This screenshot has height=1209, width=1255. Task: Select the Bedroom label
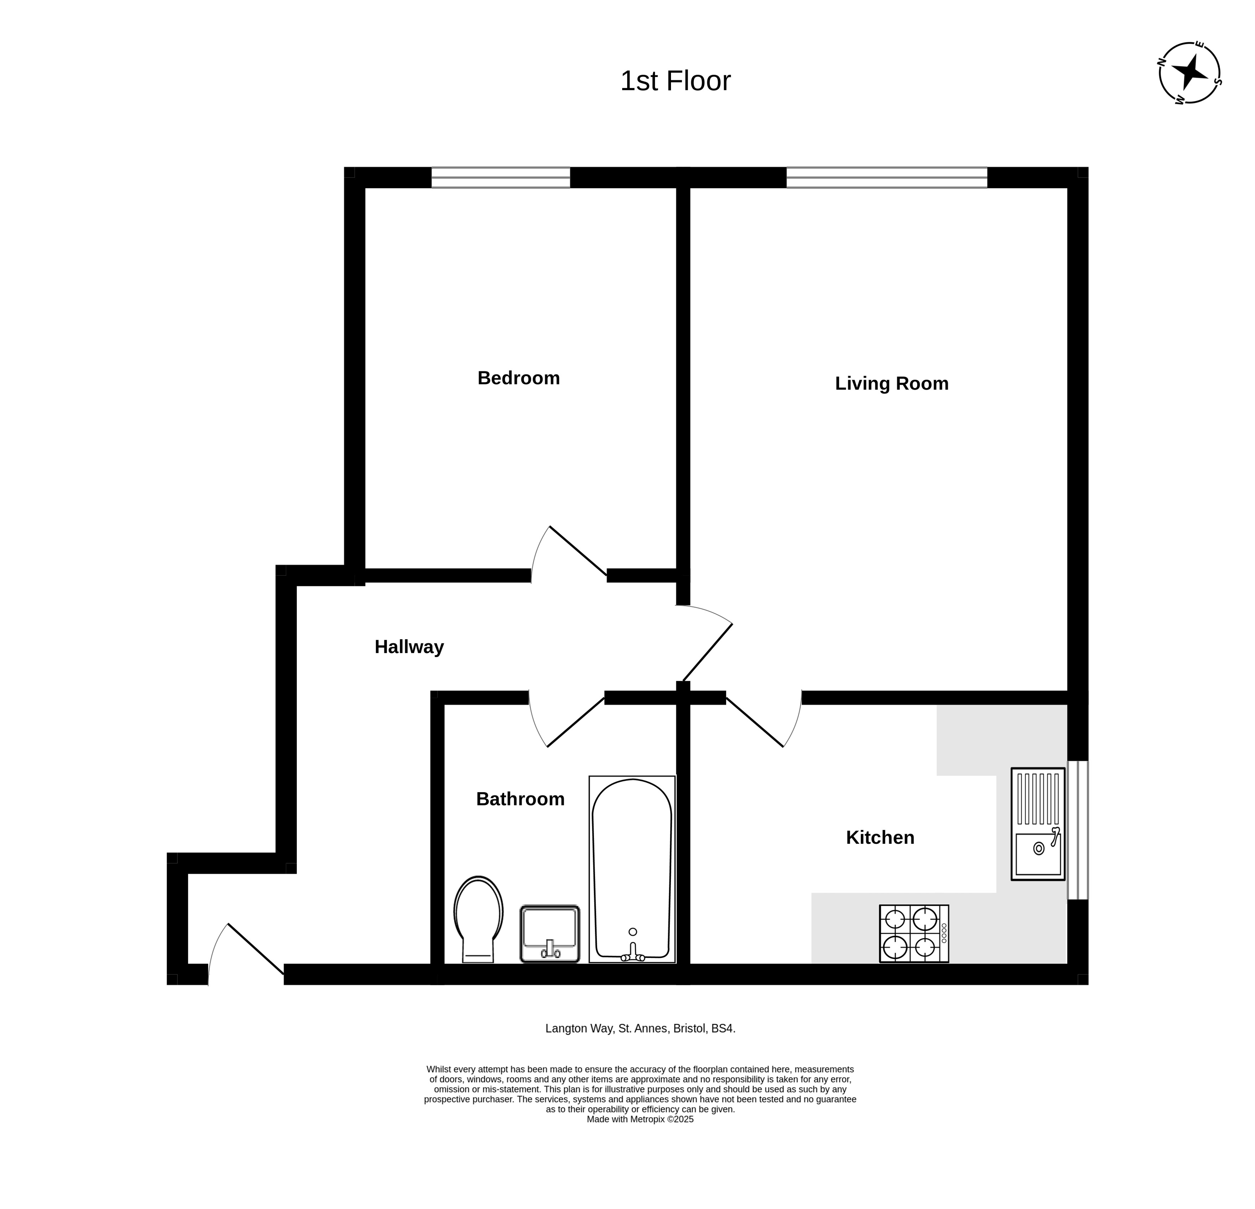point(519,378)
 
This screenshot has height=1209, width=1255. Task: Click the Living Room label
point(891,383)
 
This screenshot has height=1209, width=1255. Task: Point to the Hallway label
point(409,647)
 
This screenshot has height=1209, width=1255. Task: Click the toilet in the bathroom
point(478,919)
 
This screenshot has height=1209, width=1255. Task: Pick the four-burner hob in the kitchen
point(914,934)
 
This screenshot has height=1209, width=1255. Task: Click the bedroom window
point(501,178)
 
